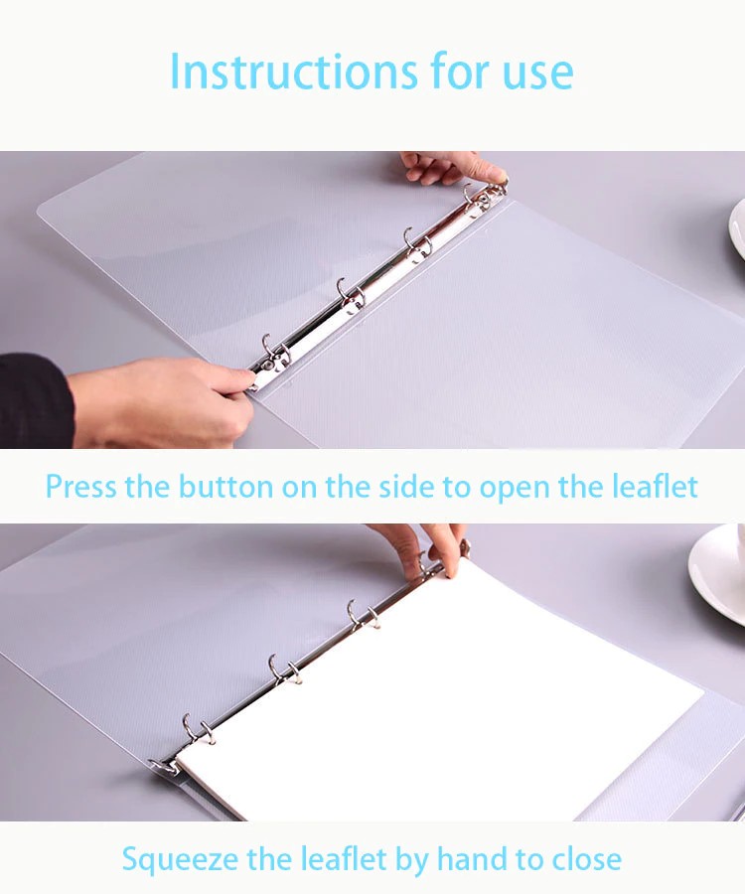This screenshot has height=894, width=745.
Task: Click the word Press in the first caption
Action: click(79, 487)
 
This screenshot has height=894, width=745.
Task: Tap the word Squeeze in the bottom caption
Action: click(180, 859)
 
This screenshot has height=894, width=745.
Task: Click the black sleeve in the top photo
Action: click(36, 401)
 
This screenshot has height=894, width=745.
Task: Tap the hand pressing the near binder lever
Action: click(164, 402)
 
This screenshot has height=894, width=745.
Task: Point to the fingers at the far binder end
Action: click(454, 168)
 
